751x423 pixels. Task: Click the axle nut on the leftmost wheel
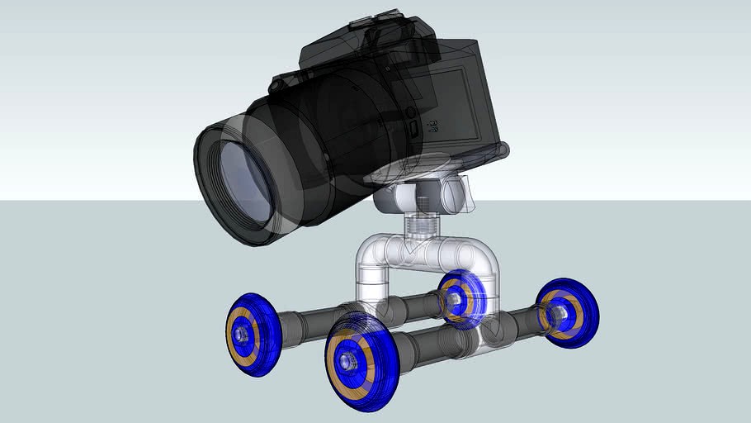pos(239,333)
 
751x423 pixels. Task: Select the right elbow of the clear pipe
pos(479,256)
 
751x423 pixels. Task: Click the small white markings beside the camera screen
pos(431,125)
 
